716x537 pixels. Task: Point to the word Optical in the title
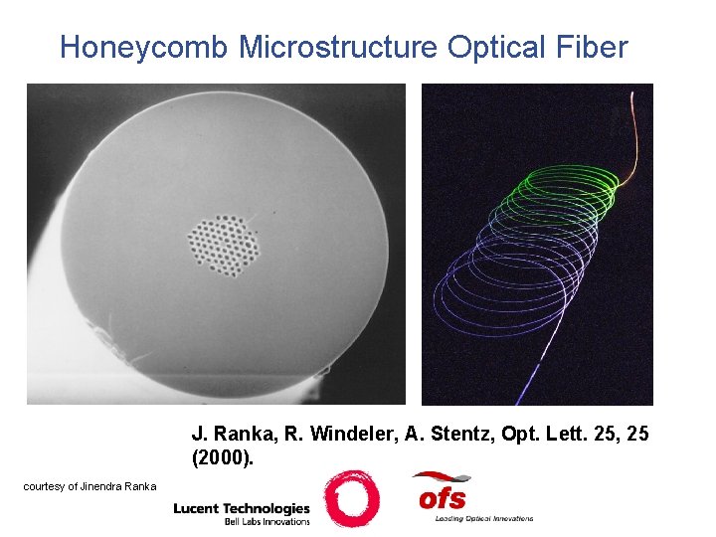(497, 47)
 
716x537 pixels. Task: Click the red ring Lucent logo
(351, 498)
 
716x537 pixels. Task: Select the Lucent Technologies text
(242, 508)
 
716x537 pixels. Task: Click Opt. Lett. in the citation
(532, 434)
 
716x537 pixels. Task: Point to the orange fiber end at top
(628, 129)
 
